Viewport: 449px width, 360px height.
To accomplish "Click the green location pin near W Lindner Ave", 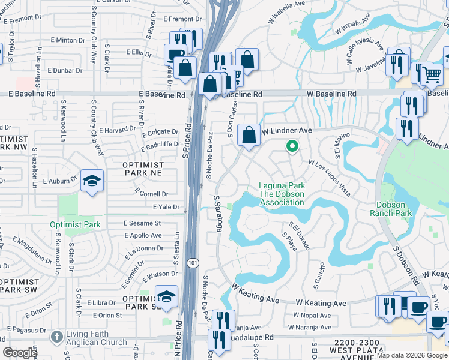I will [292, 146].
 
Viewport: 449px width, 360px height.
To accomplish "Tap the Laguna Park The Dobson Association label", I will [281, 194].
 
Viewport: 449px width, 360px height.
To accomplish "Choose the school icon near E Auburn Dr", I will [92, 180].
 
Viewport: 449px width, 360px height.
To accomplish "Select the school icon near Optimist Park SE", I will [166, 296].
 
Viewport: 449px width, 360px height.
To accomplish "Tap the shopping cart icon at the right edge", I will [432, 74].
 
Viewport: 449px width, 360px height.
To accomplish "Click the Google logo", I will [20, 352].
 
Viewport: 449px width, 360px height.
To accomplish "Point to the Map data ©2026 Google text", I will [411, 355].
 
